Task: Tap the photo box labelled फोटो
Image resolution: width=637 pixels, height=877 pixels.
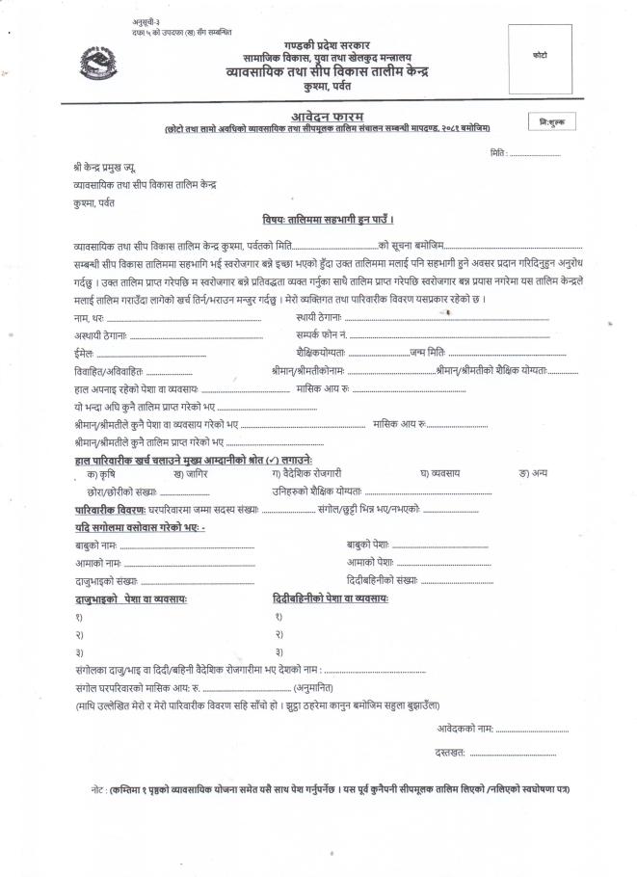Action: [539, 58]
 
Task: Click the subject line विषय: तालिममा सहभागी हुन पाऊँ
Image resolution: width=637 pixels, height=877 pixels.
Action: [329, 221]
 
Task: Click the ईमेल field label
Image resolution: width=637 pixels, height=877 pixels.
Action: [84, 352]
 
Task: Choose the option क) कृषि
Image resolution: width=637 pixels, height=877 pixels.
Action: [103, 473]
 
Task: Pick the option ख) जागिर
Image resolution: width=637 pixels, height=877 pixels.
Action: [190, 473]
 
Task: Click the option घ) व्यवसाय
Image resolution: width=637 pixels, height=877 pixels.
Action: [439, 473]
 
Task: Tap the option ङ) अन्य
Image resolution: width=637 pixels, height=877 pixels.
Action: [533, 473]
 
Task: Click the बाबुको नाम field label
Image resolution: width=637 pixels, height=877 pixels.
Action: [96, 545]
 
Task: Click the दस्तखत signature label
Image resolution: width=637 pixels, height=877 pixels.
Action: [450, 750]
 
